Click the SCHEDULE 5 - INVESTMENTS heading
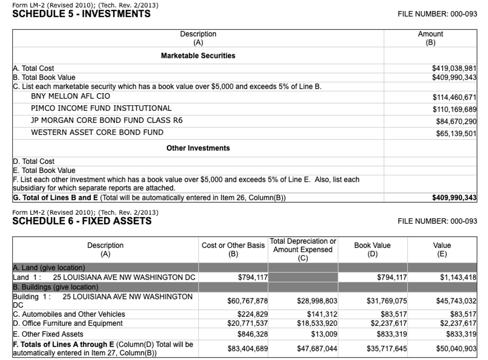tap(81, 14)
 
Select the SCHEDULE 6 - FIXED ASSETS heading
tap(82, 221)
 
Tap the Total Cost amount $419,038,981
tap(454, 69)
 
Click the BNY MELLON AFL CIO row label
tap(70, 96)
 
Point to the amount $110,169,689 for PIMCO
tap(454, 109)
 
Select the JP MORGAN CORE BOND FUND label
tap(106, 121)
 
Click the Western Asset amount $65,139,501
tap(456, 134)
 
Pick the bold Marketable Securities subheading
tap(198, 56)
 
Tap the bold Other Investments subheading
tap(198, 148)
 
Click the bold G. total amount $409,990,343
tap(454, 198)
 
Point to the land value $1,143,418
tap(458, 278)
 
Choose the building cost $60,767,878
tap(247, 301)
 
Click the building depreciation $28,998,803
tap(317, 301)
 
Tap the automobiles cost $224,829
tap(252, 314)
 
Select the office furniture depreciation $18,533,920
tap(317, 323)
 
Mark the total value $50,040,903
tap(456, 349)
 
